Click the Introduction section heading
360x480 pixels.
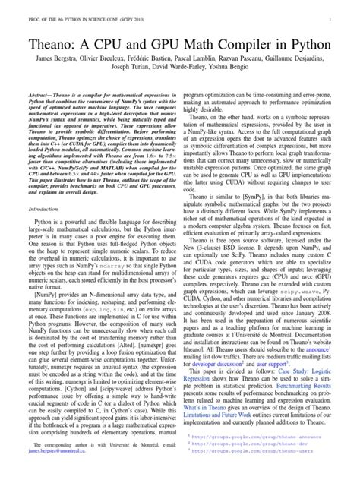[48, 207]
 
